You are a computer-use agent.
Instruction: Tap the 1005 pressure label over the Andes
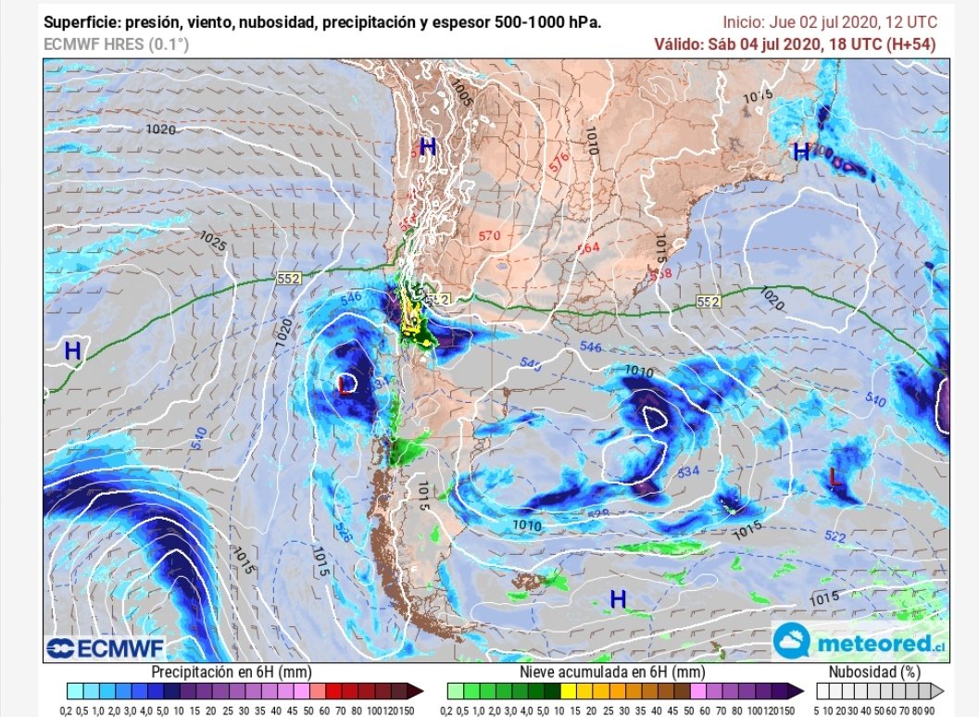(459, 92)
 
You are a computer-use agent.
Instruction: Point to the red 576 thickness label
(559, 159)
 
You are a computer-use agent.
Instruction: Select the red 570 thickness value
(490, 236)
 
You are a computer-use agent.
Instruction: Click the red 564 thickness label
(589, 247)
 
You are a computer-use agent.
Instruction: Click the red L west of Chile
(345, 384)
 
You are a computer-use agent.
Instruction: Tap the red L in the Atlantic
(835, 477)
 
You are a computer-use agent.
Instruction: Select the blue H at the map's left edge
(72, 351)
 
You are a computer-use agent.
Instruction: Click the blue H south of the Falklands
(618, 599)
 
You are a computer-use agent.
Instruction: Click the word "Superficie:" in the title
(82, 22)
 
